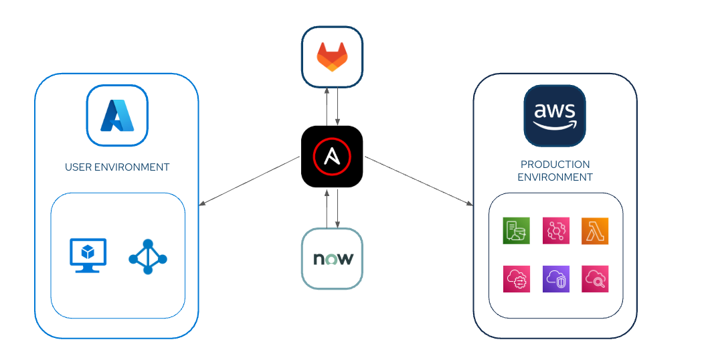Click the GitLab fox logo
click(332, 57)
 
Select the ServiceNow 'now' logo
click(332, 259)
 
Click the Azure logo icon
click(117, 115)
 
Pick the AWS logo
click(555, 115)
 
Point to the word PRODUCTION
click(555, 165)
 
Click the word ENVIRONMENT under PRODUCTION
click(555, 177)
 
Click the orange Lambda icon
click(595, 231)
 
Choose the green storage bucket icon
click(516, 231)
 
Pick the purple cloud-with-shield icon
click(555, 279)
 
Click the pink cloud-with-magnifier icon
click(595, 279)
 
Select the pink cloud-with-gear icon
click(516, 279)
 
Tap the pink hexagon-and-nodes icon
click(555, 231)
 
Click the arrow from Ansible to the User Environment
click(249, 181)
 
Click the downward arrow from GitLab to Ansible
click(338, 106)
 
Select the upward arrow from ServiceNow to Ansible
click(327, 209)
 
